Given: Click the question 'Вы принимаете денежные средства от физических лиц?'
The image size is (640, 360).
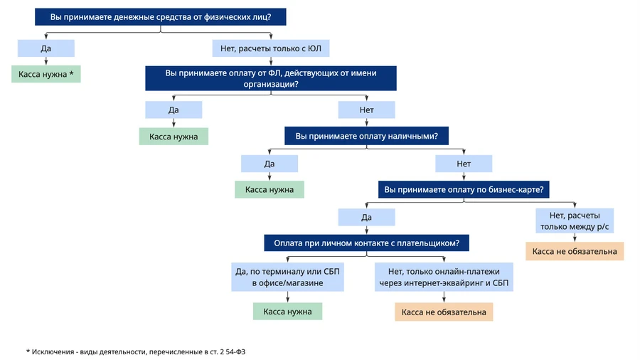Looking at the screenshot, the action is point(161,17).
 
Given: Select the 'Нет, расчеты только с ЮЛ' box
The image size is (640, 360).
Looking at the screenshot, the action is point(271,48).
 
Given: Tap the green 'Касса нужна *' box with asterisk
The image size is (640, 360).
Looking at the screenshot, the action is point(46,74).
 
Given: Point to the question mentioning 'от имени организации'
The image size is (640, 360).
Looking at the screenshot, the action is point(271,78).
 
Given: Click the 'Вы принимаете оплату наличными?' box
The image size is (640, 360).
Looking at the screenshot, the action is point(366,136).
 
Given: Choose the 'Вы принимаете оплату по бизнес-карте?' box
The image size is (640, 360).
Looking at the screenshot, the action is point(464,189).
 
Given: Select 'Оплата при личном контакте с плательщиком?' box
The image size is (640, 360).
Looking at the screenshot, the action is point(366,243).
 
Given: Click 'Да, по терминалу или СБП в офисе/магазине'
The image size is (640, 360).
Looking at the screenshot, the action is point(287,277).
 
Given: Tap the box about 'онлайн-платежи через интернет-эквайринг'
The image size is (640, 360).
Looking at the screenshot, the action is point(444,277).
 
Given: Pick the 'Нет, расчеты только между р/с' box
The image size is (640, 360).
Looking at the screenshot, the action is point(575,221).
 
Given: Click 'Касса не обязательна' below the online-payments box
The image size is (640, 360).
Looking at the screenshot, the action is point(444,312).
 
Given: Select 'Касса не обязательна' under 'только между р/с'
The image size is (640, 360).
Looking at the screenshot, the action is point(575,251).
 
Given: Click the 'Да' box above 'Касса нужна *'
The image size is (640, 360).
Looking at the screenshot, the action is point(46,48).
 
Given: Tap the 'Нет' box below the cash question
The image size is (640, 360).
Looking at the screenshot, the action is point(464,164).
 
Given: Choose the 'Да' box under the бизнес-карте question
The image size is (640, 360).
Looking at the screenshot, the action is point(366,217).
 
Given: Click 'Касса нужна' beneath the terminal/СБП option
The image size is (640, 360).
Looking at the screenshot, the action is point(287,312).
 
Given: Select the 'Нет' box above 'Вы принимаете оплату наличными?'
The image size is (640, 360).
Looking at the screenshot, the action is point(366,110).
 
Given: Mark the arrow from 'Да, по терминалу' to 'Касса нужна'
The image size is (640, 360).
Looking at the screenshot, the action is point(288,297).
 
